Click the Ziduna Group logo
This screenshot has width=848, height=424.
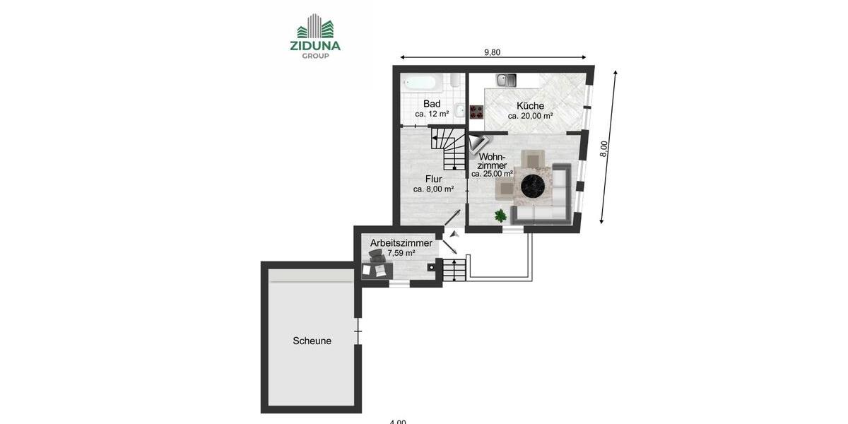315,37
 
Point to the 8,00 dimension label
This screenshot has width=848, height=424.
604,148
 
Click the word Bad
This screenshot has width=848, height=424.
432,104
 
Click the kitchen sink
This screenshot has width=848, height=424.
506,80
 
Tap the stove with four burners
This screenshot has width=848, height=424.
476,112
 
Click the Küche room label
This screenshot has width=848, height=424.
530,106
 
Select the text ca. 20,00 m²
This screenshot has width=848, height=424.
530,116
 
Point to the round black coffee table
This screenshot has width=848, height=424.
534,187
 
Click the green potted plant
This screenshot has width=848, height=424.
501,215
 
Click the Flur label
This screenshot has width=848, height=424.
433,179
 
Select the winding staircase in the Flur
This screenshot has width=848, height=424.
447,147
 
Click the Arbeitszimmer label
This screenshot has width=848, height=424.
401,243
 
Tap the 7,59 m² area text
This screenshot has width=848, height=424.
401,253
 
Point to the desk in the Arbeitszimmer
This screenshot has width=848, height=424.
377,268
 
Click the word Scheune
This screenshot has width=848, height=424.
312,341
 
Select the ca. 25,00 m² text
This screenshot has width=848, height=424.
493,174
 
